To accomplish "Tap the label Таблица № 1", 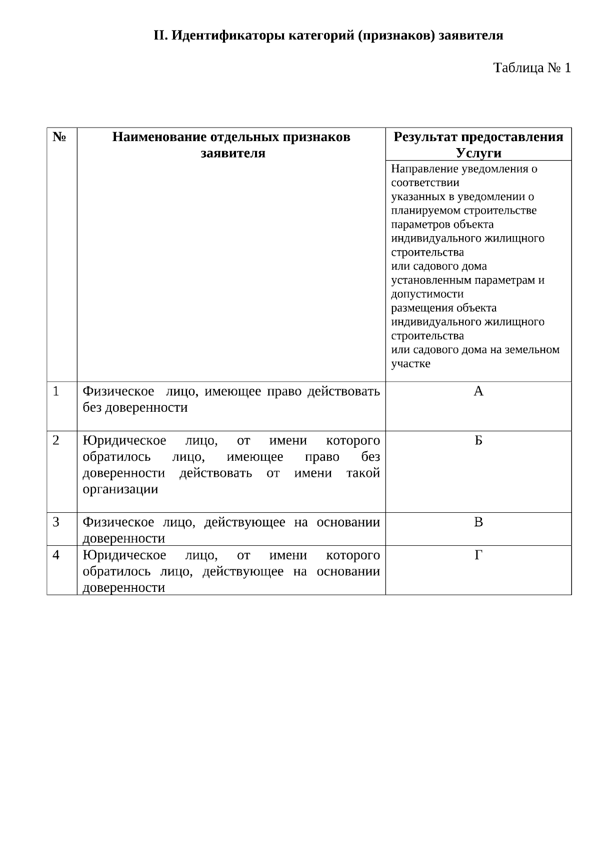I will (531, 68).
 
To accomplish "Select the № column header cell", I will (59, 137).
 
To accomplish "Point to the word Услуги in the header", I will (478, 153).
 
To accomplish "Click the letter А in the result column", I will (478, 391).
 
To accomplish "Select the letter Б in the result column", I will (478, 440).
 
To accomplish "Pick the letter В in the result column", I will (478, 522).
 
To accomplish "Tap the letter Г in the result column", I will (478, 555).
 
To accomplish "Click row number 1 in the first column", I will (56, 391).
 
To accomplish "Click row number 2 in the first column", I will (56, 440).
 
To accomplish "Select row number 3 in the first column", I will (56, 522).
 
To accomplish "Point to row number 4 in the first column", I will (56, 555).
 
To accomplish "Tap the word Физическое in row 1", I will (118, 391).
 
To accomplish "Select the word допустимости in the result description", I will (427, 294).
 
